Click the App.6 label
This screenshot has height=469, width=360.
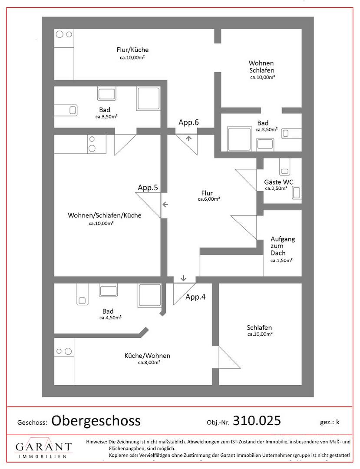188,122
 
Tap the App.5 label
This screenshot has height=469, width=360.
148,188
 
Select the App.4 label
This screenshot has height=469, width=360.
195,297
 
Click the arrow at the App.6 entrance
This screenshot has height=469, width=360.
188,138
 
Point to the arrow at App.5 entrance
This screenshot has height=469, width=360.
165,205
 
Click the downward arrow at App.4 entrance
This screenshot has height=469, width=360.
183,278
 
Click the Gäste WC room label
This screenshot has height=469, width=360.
279,182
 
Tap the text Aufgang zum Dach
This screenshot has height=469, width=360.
283,246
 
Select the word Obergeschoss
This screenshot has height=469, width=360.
96,421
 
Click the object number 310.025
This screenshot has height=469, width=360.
257,420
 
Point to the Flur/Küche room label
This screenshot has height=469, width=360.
132,50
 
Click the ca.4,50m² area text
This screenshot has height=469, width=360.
110,317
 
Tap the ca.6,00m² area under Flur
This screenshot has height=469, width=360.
209,199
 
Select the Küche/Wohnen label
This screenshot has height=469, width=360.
147,356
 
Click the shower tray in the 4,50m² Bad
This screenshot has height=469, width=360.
149,295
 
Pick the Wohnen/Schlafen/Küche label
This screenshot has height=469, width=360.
105,215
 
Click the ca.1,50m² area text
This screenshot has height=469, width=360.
281,261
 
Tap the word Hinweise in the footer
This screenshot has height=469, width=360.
96,442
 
